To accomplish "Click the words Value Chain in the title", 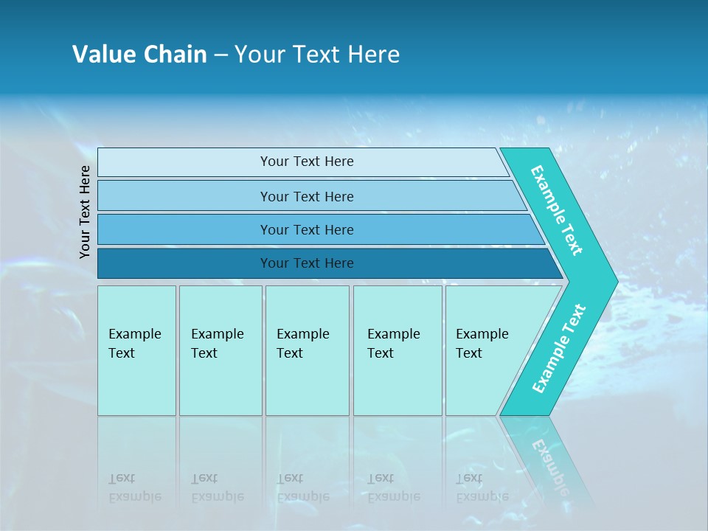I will click(139, 55).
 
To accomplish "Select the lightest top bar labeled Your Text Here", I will click(306, 162).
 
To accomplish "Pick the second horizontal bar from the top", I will click(306, 196).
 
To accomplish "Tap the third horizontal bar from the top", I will click(306, 229).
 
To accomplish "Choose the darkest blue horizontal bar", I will click(306, 263).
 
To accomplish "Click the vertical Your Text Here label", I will click(85, 212).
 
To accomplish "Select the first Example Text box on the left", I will click(136, 350).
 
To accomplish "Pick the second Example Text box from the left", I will click(220, 350).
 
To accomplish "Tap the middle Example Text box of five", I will click(307, 350).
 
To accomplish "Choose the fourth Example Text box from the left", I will click(397, 350).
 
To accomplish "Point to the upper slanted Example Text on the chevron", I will click(557, 210).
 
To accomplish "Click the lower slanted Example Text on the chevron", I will click(558, 349).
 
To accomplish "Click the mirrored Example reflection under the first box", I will click(135, 496).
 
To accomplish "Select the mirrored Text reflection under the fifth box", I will click(469, 479).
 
